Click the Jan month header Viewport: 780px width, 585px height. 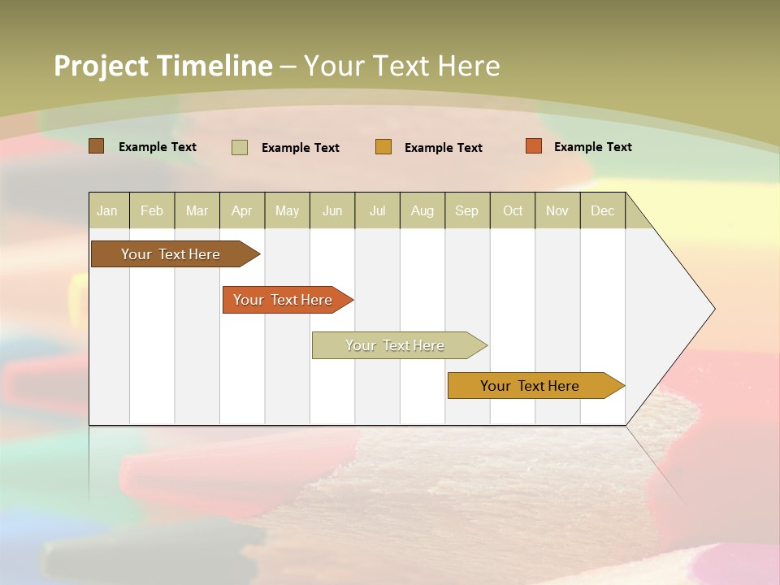coord(107,211)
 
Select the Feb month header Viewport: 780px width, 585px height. coord(152,211)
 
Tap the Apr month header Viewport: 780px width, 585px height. coord(242,211)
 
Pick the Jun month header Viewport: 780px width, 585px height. coord(332,211)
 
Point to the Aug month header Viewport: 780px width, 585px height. coord(422,211)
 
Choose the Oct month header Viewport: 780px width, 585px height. coord(513,211)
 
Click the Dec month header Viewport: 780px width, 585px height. coord(603,211)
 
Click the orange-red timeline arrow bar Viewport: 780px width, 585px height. coord(284,300)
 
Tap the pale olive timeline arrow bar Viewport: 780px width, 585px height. coord(396,345)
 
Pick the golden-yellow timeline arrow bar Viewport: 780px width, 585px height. coord(532,386)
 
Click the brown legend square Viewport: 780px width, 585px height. coord(97,146)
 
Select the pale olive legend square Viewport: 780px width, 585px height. coord(240,147)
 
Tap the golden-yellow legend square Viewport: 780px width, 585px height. coord(383,147)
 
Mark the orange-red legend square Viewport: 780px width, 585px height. coord(534,146)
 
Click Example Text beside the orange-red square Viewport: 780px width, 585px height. coord(592,147)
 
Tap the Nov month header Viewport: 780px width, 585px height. coord(557,211)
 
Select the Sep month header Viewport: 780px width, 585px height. coord(467,211)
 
